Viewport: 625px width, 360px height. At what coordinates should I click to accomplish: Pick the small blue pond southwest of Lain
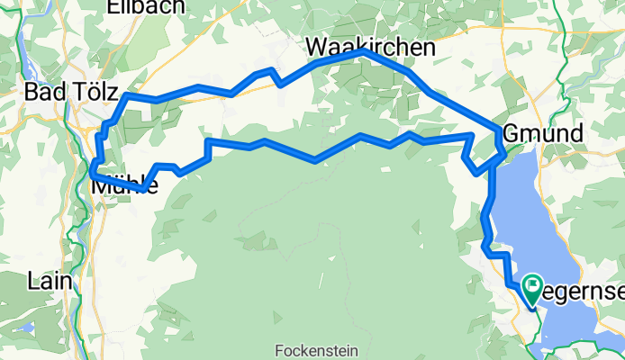[27, 326]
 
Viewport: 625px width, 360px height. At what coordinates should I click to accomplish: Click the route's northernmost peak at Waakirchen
[364, 52]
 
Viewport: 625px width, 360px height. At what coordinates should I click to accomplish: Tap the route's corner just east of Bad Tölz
[128, 94]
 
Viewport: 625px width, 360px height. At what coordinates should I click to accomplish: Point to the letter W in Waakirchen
[314, 47]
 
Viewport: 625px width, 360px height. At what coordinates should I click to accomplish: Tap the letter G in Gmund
[511, 131]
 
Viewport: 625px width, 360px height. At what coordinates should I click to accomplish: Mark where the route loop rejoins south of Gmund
[494, 163]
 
